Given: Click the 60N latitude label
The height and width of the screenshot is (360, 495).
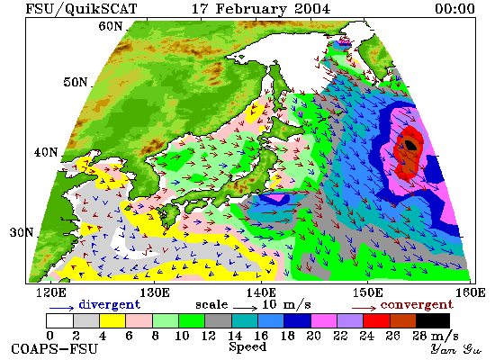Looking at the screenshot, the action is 110,26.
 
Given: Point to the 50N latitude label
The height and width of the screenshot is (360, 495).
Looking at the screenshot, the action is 75,82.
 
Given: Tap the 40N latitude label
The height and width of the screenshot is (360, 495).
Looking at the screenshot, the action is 46,152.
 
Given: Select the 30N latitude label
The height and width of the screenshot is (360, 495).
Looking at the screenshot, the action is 22,233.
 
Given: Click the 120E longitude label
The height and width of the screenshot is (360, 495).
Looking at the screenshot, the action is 51,292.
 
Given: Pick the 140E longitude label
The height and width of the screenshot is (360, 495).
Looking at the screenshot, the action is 261,292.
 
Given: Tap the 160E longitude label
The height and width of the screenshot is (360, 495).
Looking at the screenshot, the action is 471,292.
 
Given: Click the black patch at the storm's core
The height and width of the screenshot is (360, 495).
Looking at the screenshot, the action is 410,145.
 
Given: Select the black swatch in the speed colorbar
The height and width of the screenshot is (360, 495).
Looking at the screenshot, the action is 433,320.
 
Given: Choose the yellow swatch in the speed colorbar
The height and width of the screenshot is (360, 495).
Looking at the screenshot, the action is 112,320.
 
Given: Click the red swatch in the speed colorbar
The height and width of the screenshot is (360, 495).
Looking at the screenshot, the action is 376,320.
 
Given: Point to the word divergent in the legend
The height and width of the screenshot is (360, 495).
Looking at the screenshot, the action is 109,305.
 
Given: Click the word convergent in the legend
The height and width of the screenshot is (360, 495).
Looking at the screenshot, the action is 417,305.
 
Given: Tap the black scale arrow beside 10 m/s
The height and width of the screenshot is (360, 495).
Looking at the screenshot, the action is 246,307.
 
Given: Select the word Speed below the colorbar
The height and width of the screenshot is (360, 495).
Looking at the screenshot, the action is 247,347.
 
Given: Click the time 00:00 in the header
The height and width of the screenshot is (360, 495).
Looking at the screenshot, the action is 454,8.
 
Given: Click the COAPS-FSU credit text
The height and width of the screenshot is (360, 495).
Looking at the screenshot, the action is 54,349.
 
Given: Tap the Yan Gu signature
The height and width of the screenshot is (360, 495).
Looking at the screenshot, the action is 456,349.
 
